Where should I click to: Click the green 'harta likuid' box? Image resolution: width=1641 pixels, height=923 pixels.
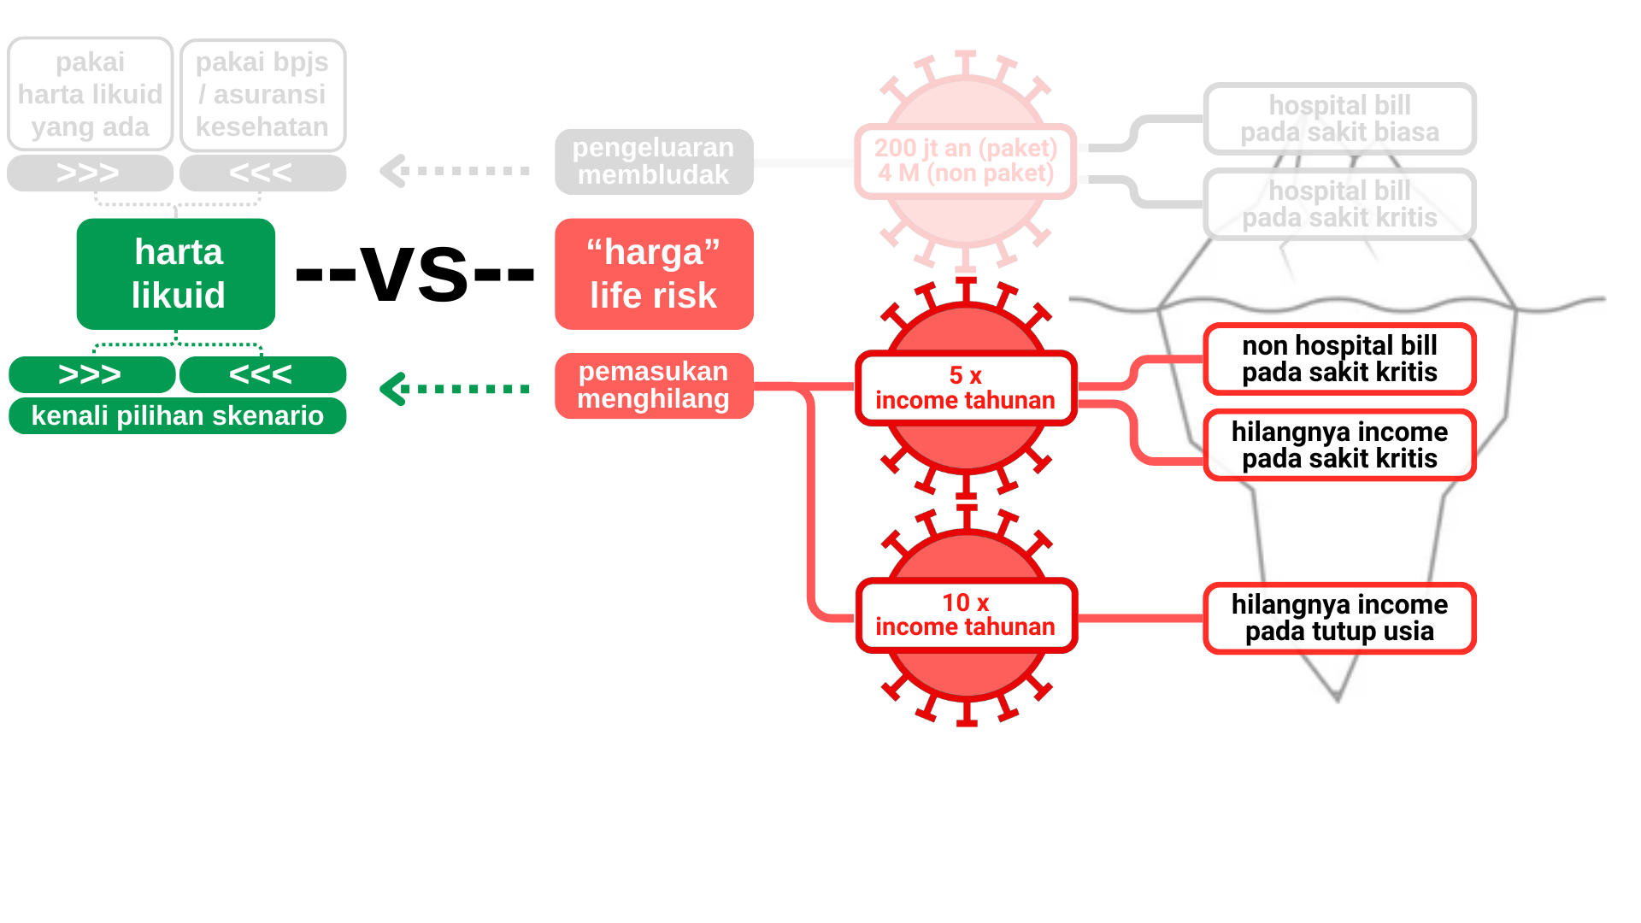pyautogui.click(x=176, y=273)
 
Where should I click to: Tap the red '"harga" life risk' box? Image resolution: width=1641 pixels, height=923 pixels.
pyautogui.click(x=654, y=273)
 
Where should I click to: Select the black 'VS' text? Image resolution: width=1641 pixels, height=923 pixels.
pyautogui.click(x=415, y=273)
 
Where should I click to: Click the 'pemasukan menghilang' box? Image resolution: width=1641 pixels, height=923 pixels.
pyautogui.click(x=654, y=385)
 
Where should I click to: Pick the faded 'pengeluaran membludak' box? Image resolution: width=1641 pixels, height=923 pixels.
pyautogui.click(x=654, y=162)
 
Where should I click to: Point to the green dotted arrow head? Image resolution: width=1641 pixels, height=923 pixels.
pyautogui.click(x=391, y=389)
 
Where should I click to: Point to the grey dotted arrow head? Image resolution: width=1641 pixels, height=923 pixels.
pyautogui.click(x=391, y=171)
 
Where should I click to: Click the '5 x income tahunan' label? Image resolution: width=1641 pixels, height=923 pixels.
pyautogui.click(x=966, y=388)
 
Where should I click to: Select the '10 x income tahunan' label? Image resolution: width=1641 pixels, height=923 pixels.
pyautogui.click(x=966, y=615)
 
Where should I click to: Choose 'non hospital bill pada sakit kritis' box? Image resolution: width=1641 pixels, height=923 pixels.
pyautogui.click(x=1339, y=359)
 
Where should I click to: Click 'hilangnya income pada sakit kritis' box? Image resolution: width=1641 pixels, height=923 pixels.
pyautogui.click(x=1339, y=445)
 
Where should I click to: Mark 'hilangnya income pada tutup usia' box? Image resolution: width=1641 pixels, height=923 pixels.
pyautogui.click(x=1339, y=618)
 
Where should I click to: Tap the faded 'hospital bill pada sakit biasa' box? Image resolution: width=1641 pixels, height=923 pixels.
pyautogui.click(x=1339, y=119)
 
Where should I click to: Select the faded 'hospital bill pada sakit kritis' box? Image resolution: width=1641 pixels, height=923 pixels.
pyautogui.click(x=1339, y=204)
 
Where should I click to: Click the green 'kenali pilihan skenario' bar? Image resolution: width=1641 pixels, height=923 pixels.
pyautogui.click(x=177, y=416)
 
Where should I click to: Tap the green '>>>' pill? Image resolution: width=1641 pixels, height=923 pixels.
pyautogui.click(x=91, y=374)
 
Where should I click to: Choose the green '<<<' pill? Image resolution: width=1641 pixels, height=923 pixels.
pyautogui.click(x=262, y=374)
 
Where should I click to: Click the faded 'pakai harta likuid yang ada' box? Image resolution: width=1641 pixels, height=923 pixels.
pyautogui.click(x=91, y=94)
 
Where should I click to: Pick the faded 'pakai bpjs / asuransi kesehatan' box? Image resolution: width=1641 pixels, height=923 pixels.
pyautogui.click(x=262, y=94)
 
